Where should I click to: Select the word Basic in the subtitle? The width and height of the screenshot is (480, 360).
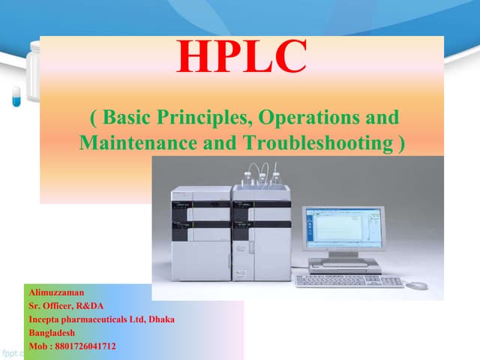[128, 118]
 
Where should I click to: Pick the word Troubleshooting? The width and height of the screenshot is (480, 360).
[316, 142]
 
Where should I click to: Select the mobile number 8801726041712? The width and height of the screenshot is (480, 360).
[87, 346]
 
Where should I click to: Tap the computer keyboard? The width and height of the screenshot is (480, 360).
[349, 280]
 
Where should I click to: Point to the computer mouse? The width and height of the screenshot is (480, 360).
[416, 285]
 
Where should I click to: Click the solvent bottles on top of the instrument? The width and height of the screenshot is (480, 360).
[262, 177]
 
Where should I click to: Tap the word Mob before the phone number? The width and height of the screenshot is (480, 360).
[38, 346]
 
